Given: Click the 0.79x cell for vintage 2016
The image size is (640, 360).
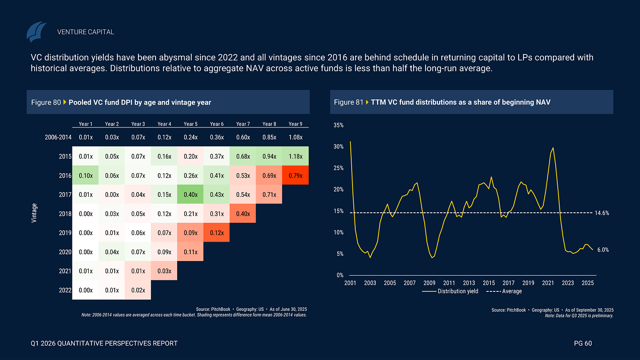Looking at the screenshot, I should (x=295, y=176).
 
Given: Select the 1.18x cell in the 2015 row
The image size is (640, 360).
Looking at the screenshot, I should (x=295, y=156).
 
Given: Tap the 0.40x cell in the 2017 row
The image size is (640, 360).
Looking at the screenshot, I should (x=190, y=195).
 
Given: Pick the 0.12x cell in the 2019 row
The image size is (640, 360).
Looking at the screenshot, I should (x=217, y=233).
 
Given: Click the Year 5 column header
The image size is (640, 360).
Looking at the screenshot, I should (x=190, y=124).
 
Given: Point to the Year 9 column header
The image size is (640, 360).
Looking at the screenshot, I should (x=295, y=124).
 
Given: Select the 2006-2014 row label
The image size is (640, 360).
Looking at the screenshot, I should (x=58, y=137).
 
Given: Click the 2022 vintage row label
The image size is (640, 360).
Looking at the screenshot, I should (x=65, y=290).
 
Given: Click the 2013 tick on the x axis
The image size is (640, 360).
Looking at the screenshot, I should (x=469, y=283).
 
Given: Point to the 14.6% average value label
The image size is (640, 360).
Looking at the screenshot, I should (x=602, y=213).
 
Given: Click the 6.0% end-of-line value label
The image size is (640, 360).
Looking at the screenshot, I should (x=602, y=250).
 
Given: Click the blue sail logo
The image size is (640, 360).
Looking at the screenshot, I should (x=36, y=32).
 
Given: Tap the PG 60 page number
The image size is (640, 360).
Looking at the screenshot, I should (x=583, y=343).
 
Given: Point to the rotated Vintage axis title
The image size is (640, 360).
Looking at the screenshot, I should (x=34, y=213).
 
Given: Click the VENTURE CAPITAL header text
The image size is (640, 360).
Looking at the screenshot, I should (x=86, y=32).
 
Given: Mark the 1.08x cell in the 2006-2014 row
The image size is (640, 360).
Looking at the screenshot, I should (x=295, y=137).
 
